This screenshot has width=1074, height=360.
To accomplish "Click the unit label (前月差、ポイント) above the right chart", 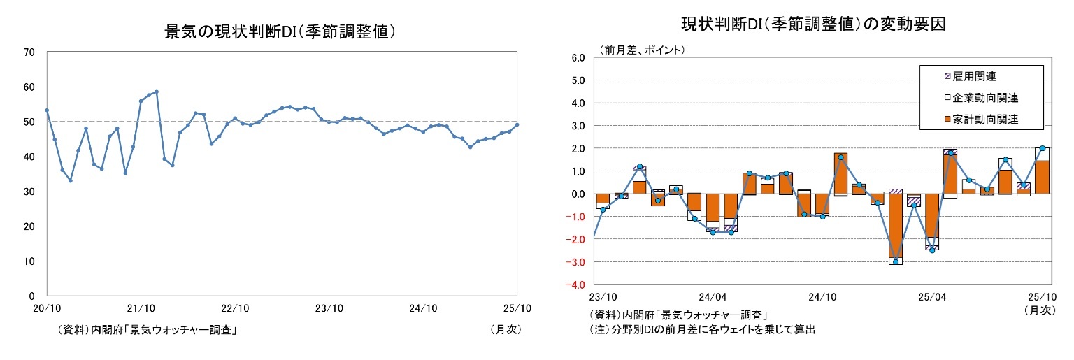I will click(640, 50).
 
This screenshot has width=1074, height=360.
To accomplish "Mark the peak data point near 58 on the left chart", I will click(157, 92).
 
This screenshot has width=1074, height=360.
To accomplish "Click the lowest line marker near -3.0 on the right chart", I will click(895, 261).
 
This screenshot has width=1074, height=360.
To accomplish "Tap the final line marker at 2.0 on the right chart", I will click(1042, 148).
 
